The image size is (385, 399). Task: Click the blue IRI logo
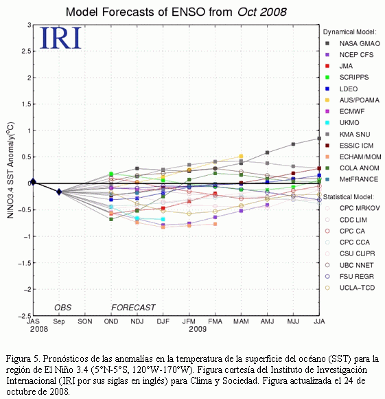pyautogui.click(x=60, y=38)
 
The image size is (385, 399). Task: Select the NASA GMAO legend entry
pyautogui.click(x=353, y=43)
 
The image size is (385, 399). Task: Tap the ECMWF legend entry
pyautogui.click(x=345, y=111)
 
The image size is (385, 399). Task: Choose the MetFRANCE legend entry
pyautogui.click(x=352, y=179)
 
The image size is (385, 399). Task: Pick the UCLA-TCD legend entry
pyautogui.click(x=350, y=288)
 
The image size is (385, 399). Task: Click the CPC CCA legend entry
pyautogui.click(x=347, y=242)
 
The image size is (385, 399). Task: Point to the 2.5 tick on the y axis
pyautogui.click(x=27, y=51)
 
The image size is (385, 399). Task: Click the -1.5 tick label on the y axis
pyautogui.click(x=25, y=263)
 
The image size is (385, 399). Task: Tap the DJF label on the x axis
pyautogui.click(x=163, y=321)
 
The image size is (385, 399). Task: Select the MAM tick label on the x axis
pyautogui.click(x=241, y=321)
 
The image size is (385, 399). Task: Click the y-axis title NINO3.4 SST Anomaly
pyautogui.click(x=10, y=170)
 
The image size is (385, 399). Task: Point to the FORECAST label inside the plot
pyautogui.click(x=133, y=308)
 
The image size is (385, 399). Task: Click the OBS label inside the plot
pyautogui.click(x=63, y=308)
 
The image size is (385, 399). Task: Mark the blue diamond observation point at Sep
pyautogui.click(x=59, y=192)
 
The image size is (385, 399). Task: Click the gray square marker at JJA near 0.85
pyautogui.click(x=319, y=139)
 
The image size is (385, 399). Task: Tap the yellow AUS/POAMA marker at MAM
pyautogui.click(x=241, y=157)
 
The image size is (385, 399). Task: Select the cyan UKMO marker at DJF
pyautogui.click(x=163, y=219)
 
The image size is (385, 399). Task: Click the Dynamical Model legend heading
pyautogui.click(x=349, y=32)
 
